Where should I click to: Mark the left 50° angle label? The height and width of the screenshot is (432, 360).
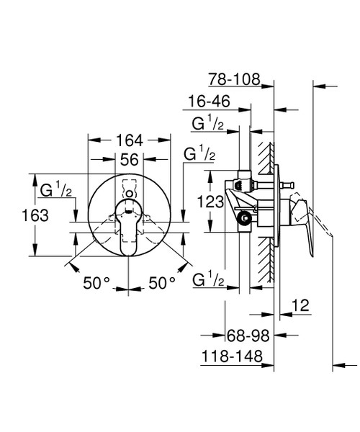pyautogui.click(x=98, y=283)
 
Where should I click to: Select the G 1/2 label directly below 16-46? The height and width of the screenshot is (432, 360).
pyautogui.click(x=207, y=124)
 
